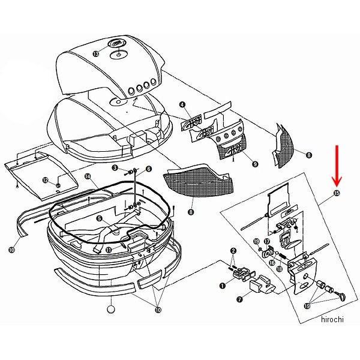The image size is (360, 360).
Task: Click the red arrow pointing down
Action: [x=337, y=167]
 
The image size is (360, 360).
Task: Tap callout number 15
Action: [x=336, y=193]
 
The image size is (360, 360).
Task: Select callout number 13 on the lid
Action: [x=97, y=55]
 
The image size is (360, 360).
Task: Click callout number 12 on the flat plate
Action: [x=44, y=179]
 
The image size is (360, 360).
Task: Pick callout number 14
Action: [x=87, y=176]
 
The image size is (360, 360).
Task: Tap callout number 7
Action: [x=239, y=298]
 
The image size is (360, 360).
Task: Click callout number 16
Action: [x=271, y=262]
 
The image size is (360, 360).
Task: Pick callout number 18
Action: [x=280, y=269]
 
